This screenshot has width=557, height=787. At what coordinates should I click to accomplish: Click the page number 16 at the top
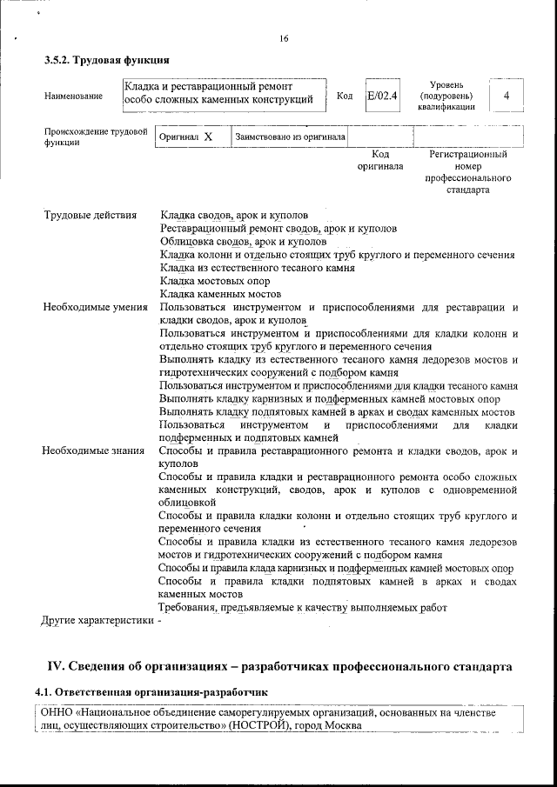click(284, 38)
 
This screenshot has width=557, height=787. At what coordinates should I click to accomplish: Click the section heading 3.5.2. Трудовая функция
click(107, 61)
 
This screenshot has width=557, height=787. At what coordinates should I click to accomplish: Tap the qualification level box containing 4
click(506, 95)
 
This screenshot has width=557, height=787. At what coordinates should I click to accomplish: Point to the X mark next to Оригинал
click(208, 137)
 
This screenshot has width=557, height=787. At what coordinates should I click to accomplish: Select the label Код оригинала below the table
click(379, 160)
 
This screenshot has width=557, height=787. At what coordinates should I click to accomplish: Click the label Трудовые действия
click(91, 216)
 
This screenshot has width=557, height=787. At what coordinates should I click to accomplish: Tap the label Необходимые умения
click(96, 308)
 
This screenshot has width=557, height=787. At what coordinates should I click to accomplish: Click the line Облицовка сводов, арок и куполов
click(244, 242)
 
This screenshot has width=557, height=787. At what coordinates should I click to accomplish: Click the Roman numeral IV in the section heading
click(54, 667)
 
